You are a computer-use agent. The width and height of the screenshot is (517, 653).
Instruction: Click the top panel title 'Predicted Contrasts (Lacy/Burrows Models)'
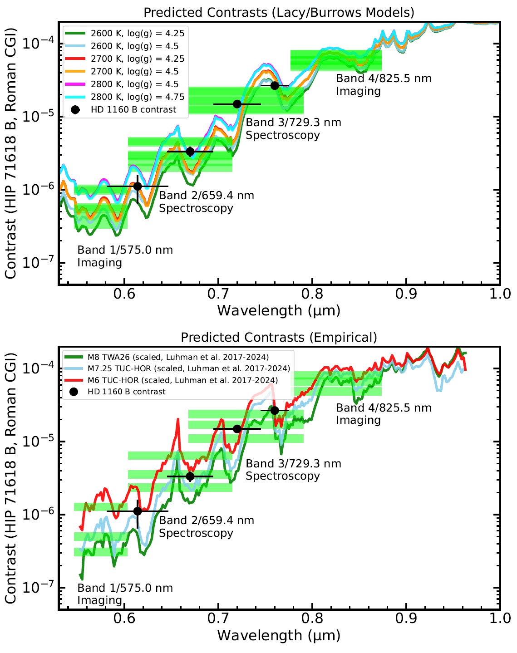pyautogui.click(x=279, y=12)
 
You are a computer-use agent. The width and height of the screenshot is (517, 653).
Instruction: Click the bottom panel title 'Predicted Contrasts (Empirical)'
pyautogui.click(x=279, y=338)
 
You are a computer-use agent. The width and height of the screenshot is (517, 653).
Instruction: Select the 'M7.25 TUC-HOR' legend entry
pyautogui.click(x=188, y=368)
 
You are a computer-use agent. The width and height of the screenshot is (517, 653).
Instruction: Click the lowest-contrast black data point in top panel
pyautogui.click(x=138, y=186)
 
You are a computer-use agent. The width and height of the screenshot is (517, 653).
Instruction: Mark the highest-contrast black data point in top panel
pyautogui.click(x=275, y=85)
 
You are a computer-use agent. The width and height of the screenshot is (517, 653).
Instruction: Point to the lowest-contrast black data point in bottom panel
pyautogui.click(x=138, y=511)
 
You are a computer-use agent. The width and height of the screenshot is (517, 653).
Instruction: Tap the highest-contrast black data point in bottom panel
pyautogui.click(x=275, y=410)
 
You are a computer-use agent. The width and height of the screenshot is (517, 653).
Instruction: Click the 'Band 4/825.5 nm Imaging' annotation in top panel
pyautogui.click(x=384, y=85)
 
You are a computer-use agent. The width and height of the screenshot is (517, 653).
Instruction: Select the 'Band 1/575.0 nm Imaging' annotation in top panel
pyautogui.click(x=125, y=256)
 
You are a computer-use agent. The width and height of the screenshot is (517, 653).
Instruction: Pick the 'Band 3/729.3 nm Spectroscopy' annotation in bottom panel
pyautogui.click(x=293, y=470)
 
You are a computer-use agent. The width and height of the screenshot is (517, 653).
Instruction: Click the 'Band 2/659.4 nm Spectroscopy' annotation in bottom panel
pyautogui.click(x=206, y=526)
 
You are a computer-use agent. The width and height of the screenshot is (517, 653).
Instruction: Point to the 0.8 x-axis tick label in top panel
pyautogui.click(x=312, y=294)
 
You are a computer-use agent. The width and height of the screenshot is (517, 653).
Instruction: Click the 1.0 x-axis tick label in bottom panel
pyautogui.click(x=500, y=619)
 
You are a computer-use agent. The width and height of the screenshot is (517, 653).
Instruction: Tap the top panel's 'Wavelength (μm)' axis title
pyautogui.click(x=279, y=311)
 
